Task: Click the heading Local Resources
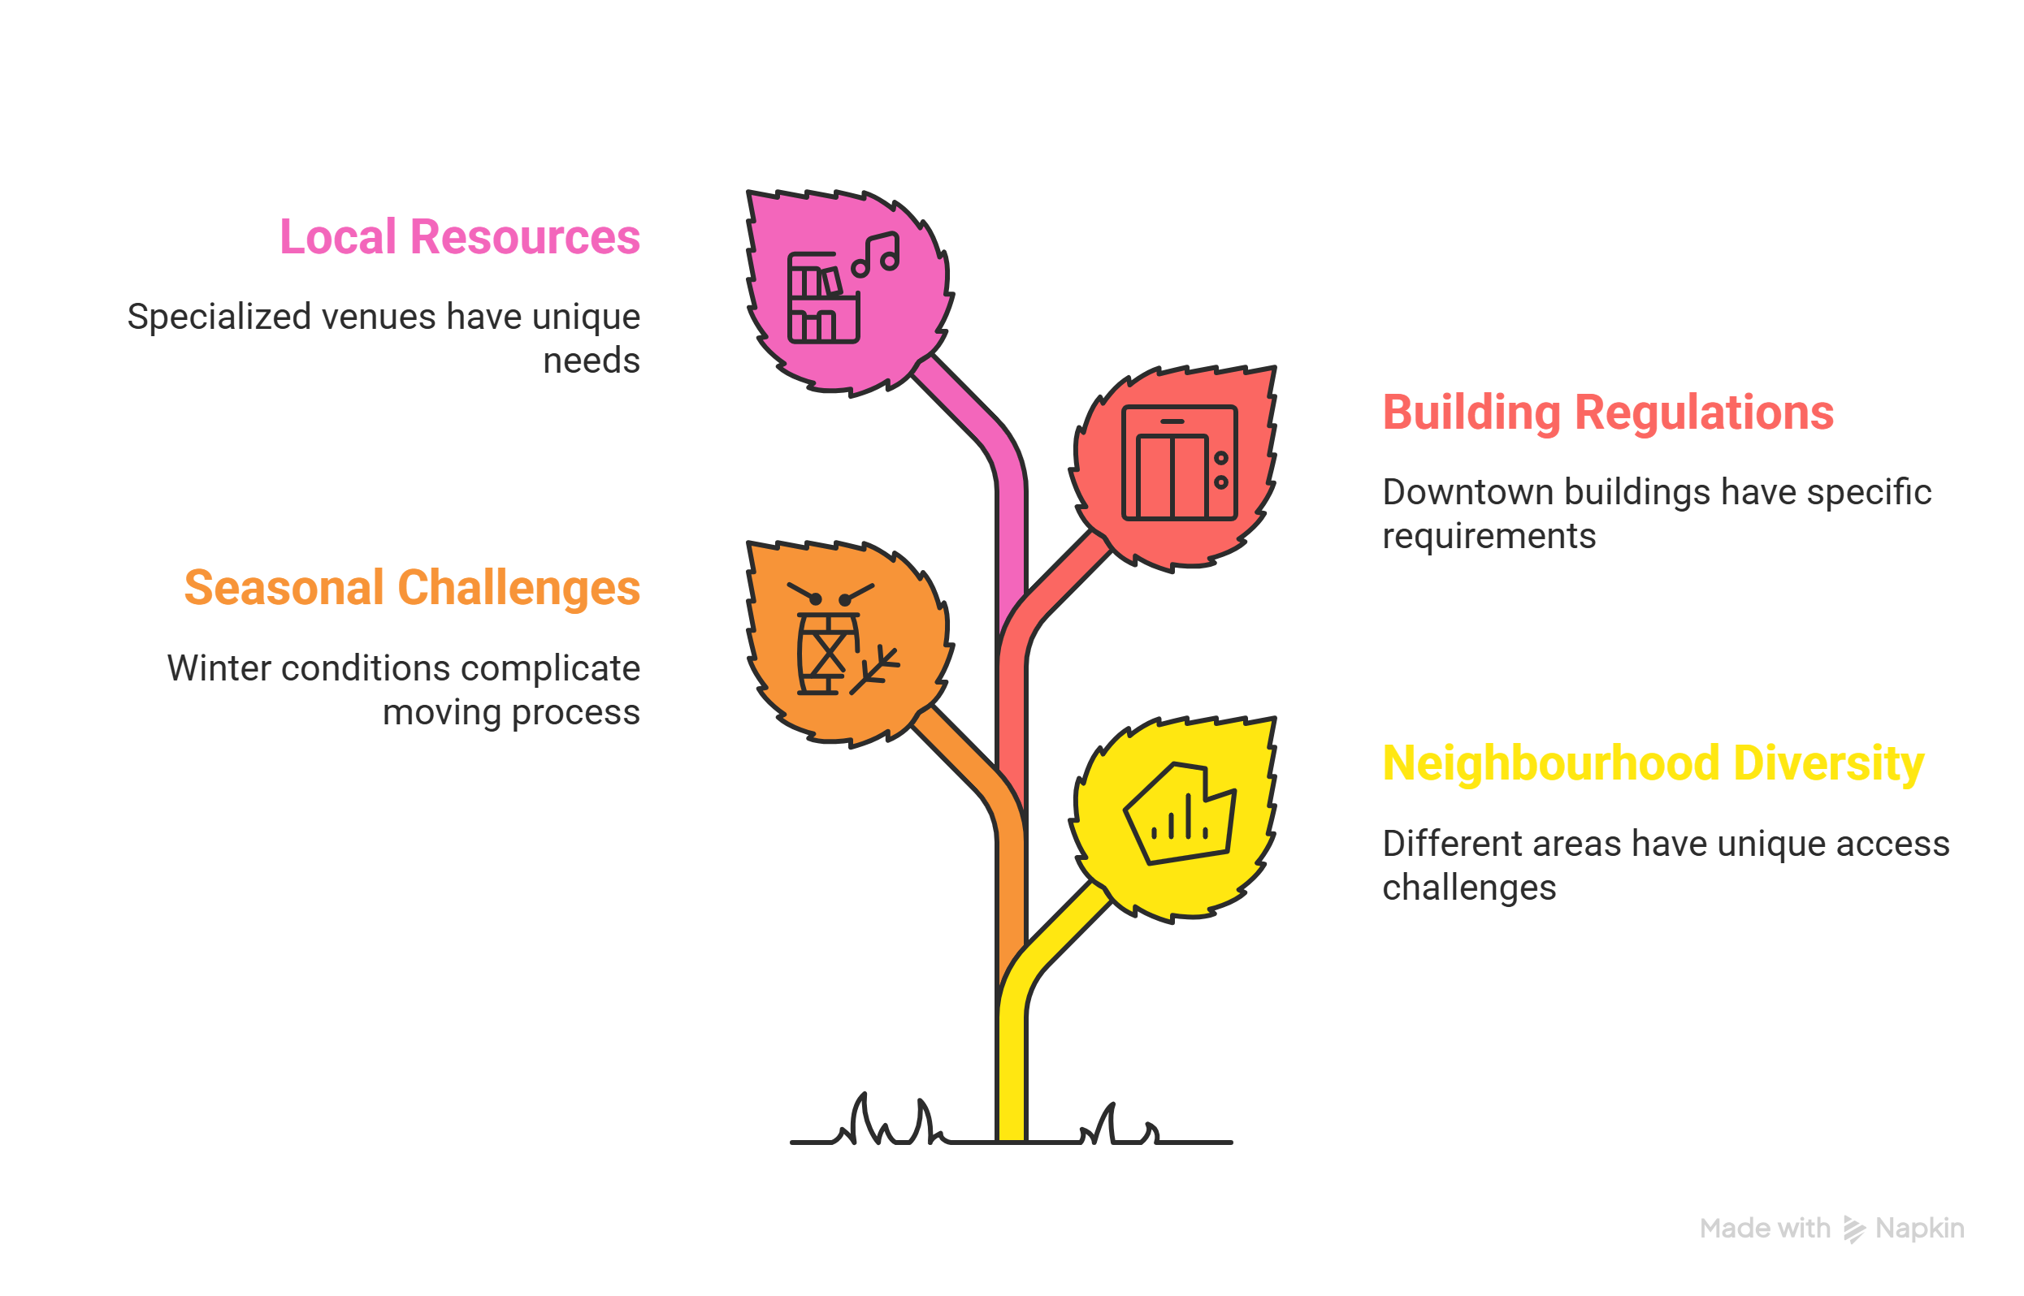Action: click(460, 236)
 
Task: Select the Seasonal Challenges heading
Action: click(413, 587)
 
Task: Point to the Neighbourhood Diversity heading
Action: click(1653, 763)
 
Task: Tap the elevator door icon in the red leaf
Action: click(1180, 463)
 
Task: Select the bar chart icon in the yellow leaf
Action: click(1180, 813)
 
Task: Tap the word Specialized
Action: click(219, 318)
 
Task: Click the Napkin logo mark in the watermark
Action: click(1853, 1229)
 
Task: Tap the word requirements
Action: click(1489, 537)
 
